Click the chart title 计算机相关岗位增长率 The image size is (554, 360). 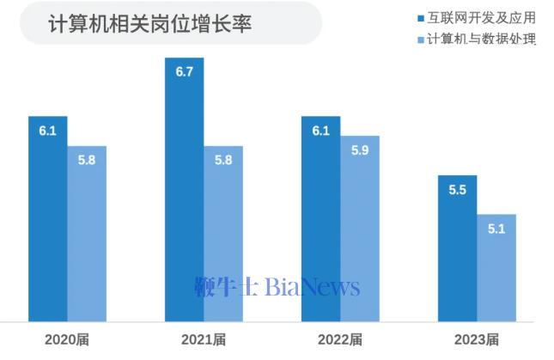coord(149,23)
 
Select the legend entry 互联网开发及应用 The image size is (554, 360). coord(480,17)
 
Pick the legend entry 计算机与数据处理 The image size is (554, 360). coord(480,40)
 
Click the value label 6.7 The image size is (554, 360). coord(184,71)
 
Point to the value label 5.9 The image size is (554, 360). coord(360,149)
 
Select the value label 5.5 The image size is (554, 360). coord(457,190)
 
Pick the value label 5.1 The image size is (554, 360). coord(496,229)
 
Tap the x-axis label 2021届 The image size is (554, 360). coord(204,339)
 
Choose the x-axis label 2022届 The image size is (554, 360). coord(340,339)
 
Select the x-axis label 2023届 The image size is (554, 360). coord(477,339)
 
